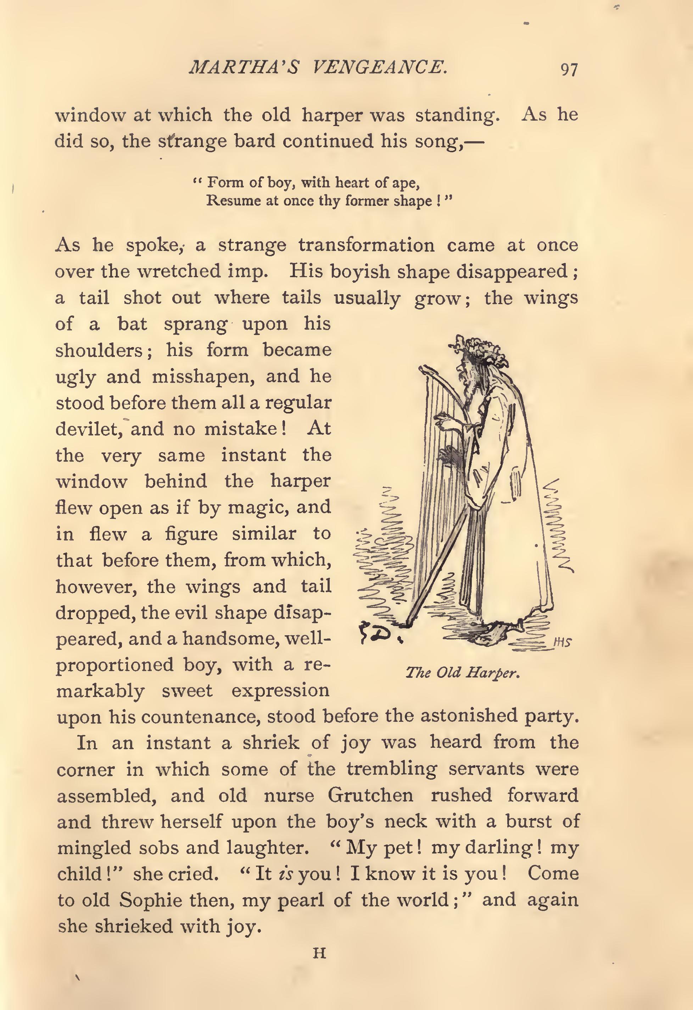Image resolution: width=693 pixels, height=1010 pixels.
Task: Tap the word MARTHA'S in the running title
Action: pos(243,68)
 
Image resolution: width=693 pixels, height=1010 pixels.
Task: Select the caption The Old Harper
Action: pos(463,673)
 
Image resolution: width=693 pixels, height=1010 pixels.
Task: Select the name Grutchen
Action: pos(370,795)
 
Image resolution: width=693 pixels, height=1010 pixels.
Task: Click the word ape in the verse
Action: pos(404,182)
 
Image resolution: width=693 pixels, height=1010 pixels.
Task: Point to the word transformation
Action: pos(366,246)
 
